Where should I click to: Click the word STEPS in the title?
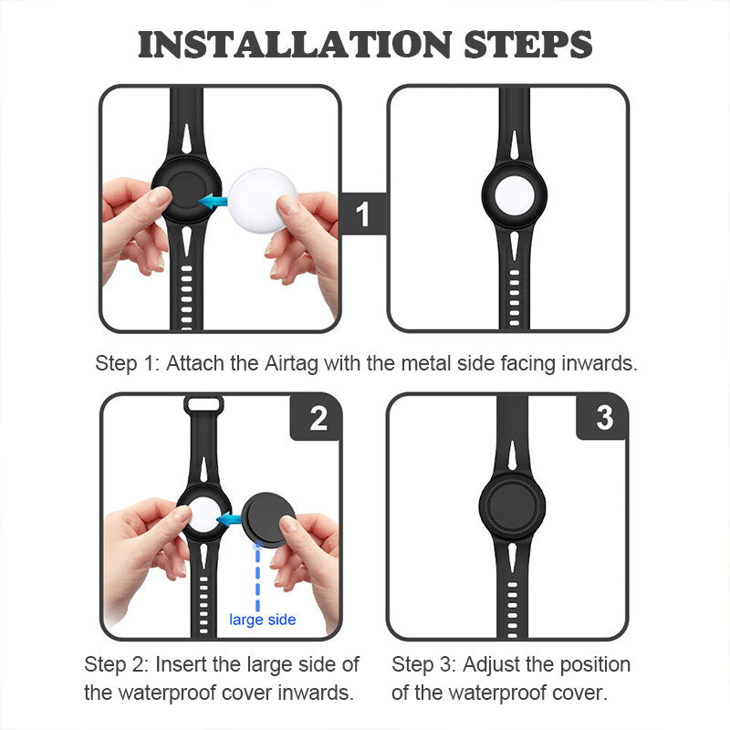click(528, 45)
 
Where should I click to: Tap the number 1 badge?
click(363, 214)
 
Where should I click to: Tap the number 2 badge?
click(318, 418)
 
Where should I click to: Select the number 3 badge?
click(604, 417)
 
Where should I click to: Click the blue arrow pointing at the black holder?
click(213, 201)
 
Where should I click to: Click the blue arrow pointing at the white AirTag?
click(231, 518)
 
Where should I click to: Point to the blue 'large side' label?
click(263, 620)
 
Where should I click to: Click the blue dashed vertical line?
click(257, 578)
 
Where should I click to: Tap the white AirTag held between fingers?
click(261, 199)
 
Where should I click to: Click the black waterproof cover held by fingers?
click(269, 518)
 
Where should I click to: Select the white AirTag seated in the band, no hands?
click(514, 195)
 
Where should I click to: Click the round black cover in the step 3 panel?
click(512, 506)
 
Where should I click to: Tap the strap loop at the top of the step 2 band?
click(203, 404)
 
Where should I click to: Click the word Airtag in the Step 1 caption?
click(291, 363)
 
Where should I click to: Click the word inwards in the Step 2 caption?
click(316, 693)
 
